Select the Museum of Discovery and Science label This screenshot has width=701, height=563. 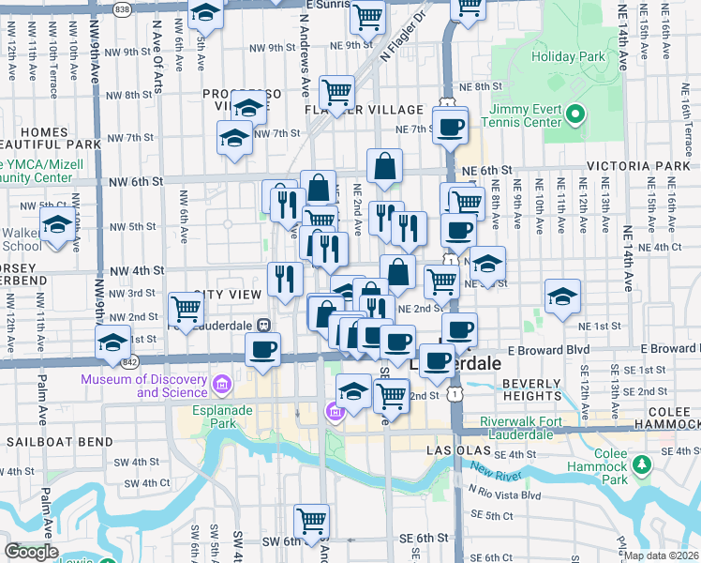point(144,386)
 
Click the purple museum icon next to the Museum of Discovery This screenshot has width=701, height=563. point(222,384)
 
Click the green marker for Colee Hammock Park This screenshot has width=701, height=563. point(642,464)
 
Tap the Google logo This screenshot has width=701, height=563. point(31,552)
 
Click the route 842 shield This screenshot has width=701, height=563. point(128,360)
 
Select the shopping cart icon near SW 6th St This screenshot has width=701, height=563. point(311,519)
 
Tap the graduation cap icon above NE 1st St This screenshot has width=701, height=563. point(562,296)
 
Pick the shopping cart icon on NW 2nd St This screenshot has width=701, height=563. point(186,307)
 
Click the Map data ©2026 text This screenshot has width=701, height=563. point(662,555)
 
